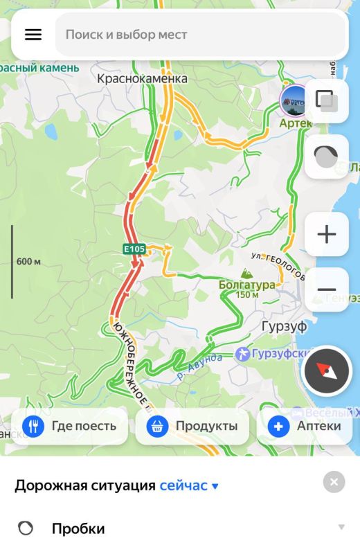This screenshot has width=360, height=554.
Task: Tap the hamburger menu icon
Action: pos(33,35)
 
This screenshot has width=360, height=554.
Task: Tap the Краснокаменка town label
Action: pos(142,79)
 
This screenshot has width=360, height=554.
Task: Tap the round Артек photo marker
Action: pos(295,101)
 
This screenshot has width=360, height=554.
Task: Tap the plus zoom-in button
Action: pos(327,235)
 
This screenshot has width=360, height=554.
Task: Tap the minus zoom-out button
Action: pos(327,289)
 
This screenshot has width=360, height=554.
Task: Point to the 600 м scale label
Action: pos(28,261)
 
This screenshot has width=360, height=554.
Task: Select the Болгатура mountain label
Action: pos(246,284)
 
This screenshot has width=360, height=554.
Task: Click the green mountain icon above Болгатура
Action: pos(246,273)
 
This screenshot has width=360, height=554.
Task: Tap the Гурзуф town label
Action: pos(285,326)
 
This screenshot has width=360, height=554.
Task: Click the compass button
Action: pos(327,370)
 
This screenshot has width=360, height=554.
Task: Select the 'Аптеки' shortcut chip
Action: pos(308,426)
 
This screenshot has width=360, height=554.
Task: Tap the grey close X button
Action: pos(334,482)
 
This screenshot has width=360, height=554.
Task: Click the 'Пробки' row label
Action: pos(78,529)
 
